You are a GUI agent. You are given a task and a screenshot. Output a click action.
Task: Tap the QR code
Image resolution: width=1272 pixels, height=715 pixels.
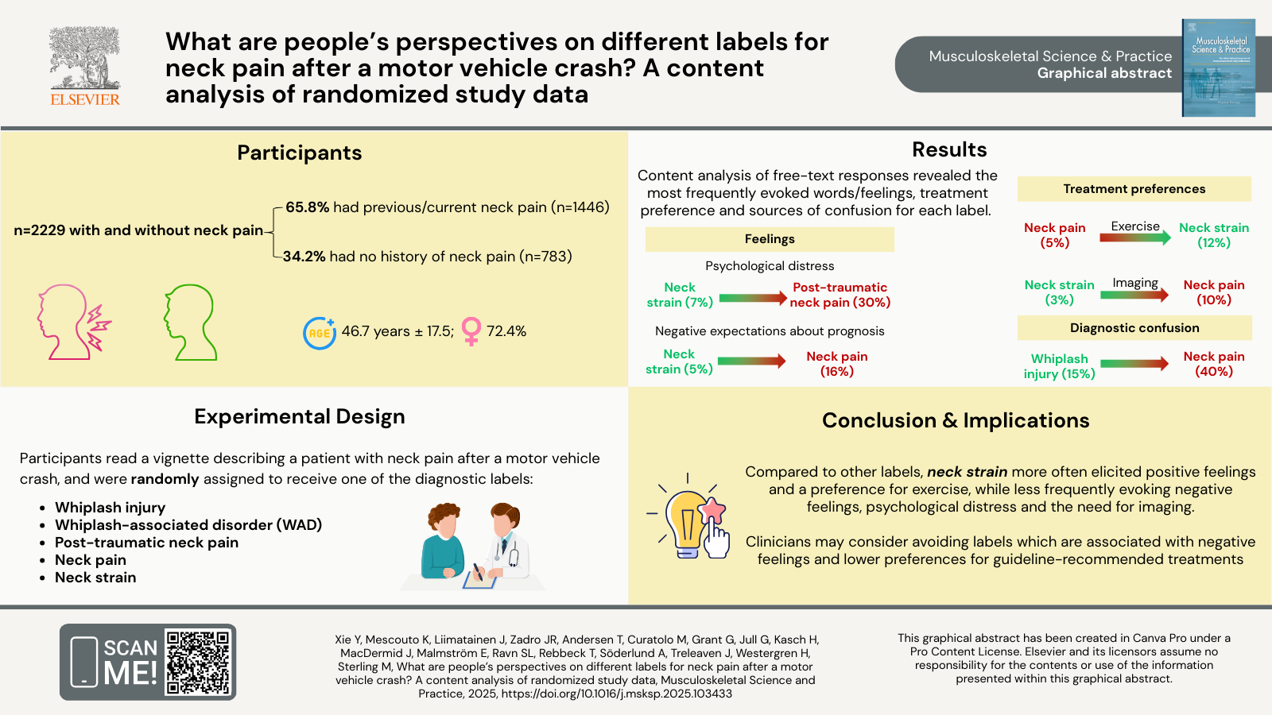click(x=199, y=662)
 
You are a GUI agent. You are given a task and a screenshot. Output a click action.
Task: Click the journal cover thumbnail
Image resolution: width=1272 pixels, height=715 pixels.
click(x=1218, y=68)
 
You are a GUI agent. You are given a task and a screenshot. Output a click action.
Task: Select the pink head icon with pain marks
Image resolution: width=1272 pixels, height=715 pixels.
click(x=72, y=322)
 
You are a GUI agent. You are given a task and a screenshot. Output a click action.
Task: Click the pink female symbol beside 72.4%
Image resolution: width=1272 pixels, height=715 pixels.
click(x=471, y=331)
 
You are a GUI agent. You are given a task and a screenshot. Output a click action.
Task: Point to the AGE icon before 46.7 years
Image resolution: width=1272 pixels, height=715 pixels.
click(x=320, y=333)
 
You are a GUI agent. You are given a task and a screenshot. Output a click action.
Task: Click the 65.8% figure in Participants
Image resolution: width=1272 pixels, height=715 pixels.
click(x=307, y=207)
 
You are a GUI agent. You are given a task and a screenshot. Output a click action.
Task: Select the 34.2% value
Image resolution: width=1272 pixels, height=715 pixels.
click(x=304, y=257)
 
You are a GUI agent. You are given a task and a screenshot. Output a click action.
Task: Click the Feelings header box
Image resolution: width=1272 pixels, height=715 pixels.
click(x=770, y=239)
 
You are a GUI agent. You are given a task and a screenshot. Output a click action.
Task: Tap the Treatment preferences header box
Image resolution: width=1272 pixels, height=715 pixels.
click(x=1134, y=189)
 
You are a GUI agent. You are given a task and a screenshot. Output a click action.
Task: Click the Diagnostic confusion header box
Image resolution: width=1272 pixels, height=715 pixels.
click(x=1134, y=328)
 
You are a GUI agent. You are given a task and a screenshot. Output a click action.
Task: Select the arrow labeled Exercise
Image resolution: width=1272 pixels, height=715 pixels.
click(x=1135, y=237)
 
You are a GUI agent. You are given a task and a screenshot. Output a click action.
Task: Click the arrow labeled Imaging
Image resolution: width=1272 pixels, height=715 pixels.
click(x=1135, y=294)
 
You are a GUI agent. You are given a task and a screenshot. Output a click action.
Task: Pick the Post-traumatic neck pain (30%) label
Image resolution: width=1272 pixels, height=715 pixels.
click(x=840, y=295)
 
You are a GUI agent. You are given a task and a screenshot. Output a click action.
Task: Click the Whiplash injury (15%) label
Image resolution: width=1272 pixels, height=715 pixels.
click(x=1059, y=366)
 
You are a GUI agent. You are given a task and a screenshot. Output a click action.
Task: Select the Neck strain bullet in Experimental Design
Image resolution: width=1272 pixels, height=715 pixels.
click(x=95, y=578)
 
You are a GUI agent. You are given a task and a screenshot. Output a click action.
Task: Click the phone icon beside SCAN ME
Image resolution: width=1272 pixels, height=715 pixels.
click(x=84, y=661)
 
